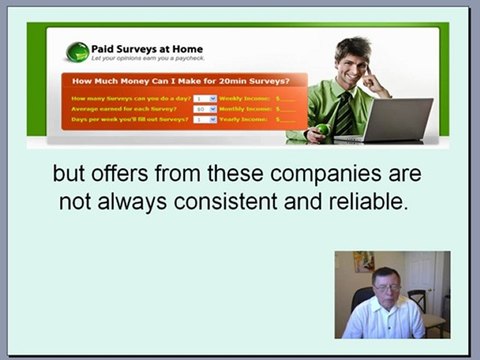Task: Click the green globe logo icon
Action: pos(78,52)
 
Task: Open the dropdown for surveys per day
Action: pos(205,99)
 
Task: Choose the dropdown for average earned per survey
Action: pos(205,109)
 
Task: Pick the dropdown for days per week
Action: pos(205,119)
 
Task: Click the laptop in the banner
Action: pos(396,120)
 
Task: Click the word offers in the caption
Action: pos(126,174)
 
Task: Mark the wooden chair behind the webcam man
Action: pos(418,301)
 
